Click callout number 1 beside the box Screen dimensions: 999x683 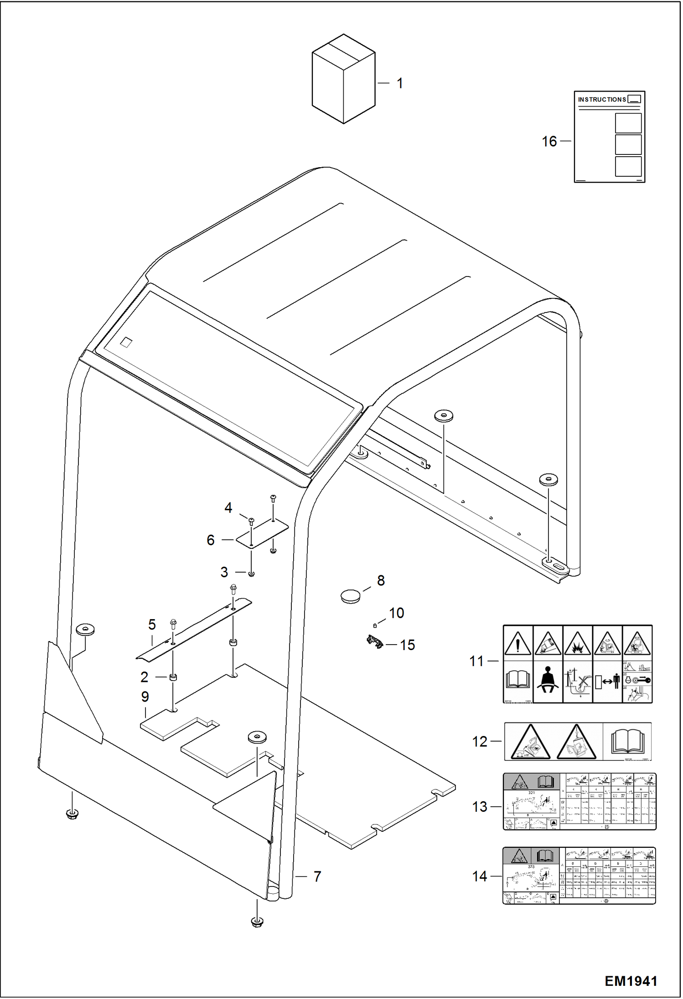(400, 83)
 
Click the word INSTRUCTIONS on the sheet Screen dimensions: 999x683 (602, 99)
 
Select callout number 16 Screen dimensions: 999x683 (549, 141)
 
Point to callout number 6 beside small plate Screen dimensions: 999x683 (210, 540)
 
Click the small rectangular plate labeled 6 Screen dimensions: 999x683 (262, 534)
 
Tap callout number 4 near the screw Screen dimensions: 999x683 (228, 507)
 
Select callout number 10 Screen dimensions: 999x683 (396, 613)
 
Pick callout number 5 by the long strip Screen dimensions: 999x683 (152, 625)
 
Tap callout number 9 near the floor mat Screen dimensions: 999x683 (145, 697)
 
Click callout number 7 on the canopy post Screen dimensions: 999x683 (317, 876)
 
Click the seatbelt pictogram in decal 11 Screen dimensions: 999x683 (548, 682)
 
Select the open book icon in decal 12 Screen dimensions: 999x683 (627, 741)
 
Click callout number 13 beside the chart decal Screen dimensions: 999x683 (480, 807)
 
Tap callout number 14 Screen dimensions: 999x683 (480, 876)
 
